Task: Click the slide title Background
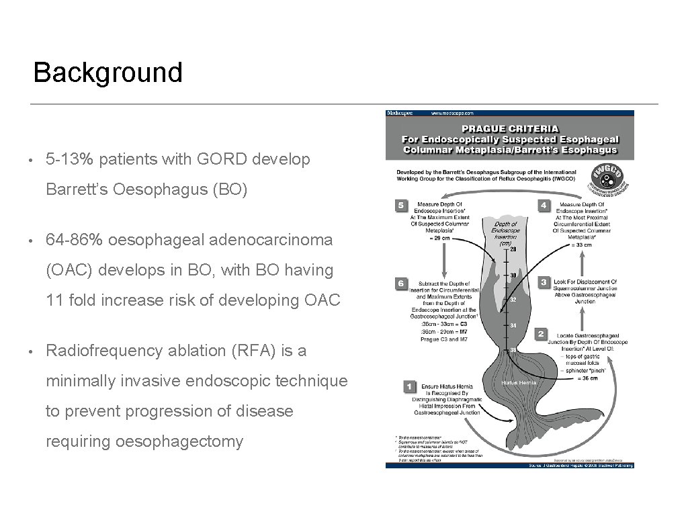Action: click(x=107, y=73)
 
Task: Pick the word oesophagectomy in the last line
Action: click(x=179, y=441)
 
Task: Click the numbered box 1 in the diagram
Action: click(x=408, y=386)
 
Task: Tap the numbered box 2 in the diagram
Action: click(x=542, y=333)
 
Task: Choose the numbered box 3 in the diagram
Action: click(x=543, y=282)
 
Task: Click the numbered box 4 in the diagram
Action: click(x=543, y=205)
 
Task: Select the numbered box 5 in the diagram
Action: click(x=401, y=205)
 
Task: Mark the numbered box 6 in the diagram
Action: click(x=401, y=284)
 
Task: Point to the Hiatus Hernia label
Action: click(x=519, y=382)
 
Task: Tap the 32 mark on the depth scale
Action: click(x=513, y=300)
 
